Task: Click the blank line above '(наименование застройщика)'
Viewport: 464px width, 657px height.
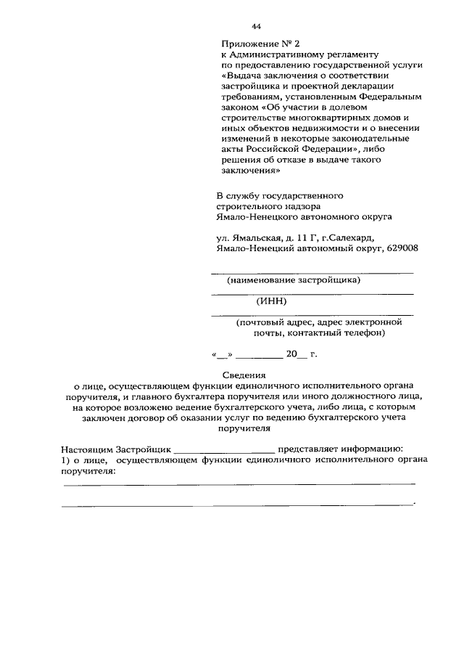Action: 312,272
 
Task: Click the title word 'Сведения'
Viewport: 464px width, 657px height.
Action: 233,376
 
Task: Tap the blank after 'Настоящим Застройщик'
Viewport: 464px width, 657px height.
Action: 225,450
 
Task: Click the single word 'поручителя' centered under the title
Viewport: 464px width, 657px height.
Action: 233,428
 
